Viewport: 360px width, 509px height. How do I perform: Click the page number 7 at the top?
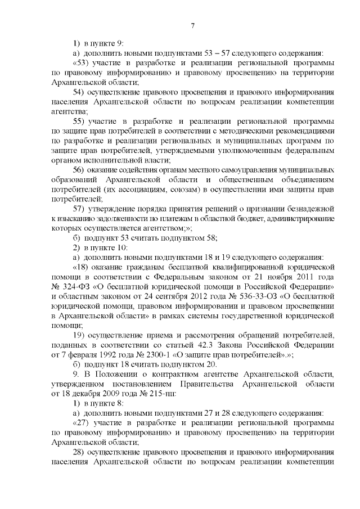(x=192, y=25)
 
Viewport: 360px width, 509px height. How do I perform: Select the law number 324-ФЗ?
(x=72, y=287)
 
